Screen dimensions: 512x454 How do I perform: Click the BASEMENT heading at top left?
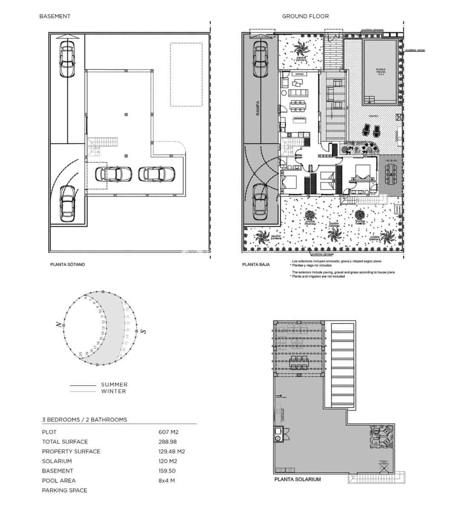[55, 16]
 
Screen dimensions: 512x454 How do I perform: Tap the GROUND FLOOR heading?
[305, 16]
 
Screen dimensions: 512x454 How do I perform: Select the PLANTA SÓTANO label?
[67, 265]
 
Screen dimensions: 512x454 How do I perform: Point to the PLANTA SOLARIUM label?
[298, 480]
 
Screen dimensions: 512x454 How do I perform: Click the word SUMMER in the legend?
[114, 384]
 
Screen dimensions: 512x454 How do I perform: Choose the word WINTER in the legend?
[113, 391]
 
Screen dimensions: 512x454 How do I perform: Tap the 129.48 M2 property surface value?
[171, 451]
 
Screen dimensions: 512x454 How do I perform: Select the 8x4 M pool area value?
[167, 481]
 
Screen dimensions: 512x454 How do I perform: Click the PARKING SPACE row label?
[64, 491]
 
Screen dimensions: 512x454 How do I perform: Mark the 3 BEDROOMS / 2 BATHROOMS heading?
[84, 420]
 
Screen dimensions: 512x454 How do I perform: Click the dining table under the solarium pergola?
[298, 364]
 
